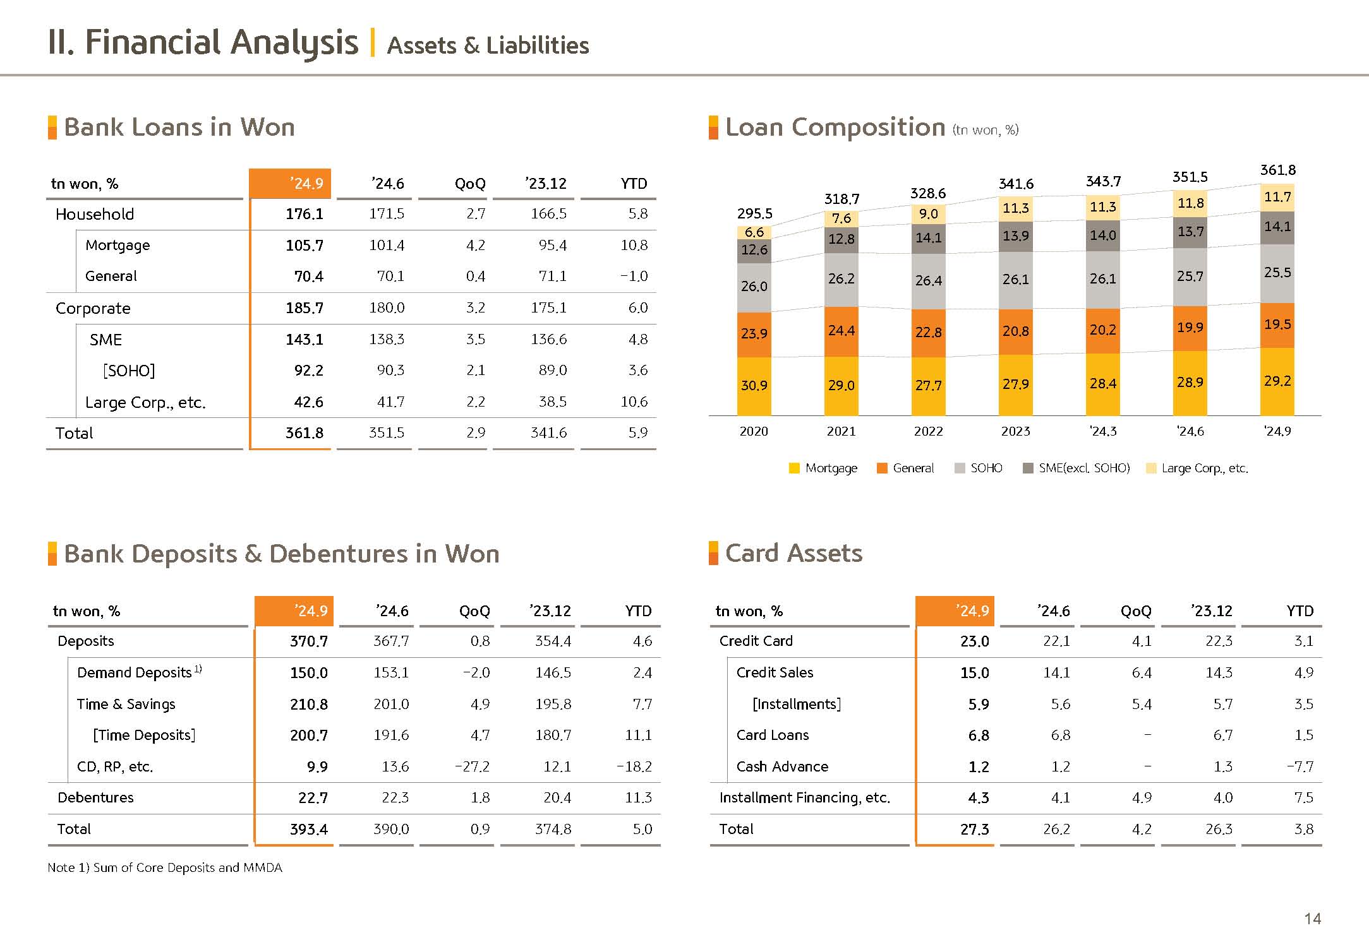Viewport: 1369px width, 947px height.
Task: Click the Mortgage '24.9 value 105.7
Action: (304, 245)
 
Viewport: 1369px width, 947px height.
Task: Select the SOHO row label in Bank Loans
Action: (129, 371)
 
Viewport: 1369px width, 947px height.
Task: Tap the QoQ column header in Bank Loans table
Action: (469, 184)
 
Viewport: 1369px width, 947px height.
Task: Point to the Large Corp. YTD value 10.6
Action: (634, 402)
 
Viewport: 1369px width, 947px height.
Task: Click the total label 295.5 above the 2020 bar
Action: (754, 213)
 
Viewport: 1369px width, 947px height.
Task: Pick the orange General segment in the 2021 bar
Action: (841, 331)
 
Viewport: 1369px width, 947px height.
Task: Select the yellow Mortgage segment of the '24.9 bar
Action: (1277, 381)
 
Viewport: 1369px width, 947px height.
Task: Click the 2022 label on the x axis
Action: (928, 431)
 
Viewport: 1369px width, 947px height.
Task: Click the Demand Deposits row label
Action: (135, 672)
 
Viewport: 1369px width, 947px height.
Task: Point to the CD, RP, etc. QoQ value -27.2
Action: (472, 766)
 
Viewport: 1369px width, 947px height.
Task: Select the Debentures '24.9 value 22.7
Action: (313, 798)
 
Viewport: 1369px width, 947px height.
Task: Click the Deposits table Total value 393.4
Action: (308, 829)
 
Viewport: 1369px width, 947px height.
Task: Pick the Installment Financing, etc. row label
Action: (804, 798)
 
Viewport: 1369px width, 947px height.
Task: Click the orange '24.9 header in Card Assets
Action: (955, 610)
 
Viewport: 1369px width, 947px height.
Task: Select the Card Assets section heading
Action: (793, 553)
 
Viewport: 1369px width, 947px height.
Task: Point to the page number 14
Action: (1312, 919)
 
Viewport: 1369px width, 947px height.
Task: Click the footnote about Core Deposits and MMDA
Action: (165, 867)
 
